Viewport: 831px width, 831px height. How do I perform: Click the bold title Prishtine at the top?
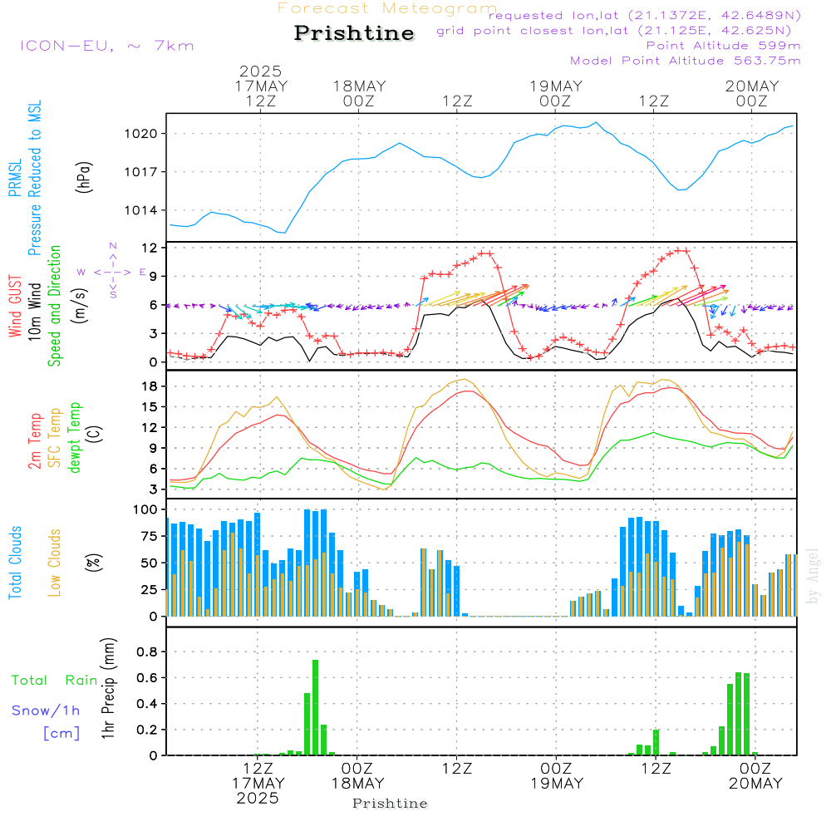point(354,33)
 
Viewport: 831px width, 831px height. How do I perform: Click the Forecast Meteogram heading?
point(387,8)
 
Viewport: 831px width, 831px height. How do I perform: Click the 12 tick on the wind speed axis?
point(150,248)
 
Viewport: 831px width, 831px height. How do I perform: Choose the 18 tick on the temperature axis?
point(150,386)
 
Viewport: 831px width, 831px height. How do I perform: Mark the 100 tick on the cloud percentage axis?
point(145,509)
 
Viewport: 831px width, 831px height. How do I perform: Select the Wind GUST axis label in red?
point(15,307)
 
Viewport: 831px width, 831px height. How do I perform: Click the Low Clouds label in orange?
point(55,563)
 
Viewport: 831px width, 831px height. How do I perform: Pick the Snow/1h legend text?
point(46,711)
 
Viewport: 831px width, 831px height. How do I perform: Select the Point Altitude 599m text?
point(723,46)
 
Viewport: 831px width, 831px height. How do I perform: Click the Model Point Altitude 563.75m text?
point(685,61)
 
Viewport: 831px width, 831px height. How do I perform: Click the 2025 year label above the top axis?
point(260,71)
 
